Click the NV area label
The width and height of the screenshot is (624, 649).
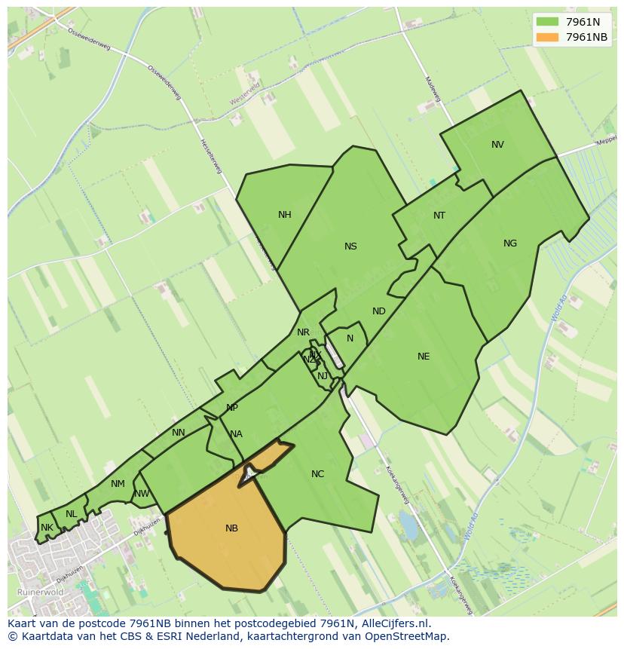(x=497, y=145)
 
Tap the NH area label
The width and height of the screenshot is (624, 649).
(x=284, y=215)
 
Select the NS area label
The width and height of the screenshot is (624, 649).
(x=350, y=246)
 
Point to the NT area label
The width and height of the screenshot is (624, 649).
(x=439, y=216)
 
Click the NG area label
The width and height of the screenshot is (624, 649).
(x=510, y=243)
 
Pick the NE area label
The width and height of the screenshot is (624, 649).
(x=424, y=357)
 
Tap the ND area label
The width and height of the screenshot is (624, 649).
(x=379, y=311)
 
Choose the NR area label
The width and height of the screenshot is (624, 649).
(x=303, y=332)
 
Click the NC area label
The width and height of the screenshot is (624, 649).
(x=317, y=474)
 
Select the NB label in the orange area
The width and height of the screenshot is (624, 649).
(x=231, y=528)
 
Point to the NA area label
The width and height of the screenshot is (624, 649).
(x=237, y=434)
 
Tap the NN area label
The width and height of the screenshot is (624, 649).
(x=179, y=433)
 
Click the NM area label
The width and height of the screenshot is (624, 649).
(x=118, y=484)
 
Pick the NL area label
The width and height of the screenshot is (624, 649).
(x=71, y=514)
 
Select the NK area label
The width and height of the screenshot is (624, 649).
(x=47, y=528)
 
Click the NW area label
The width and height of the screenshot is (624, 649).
(x=142, y=494)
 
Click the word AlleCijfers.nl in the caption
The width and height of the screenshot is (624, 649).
(x=394, y=623)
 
